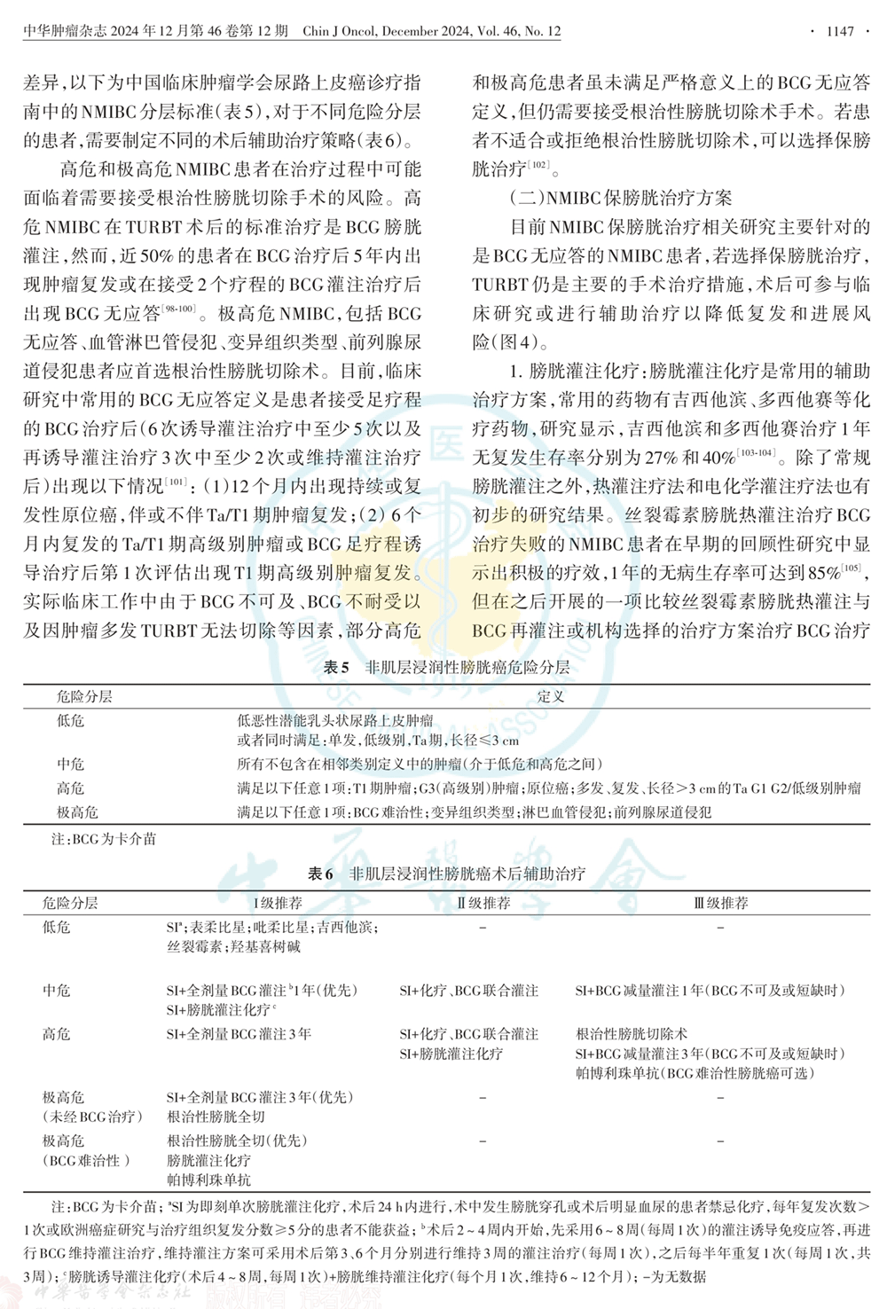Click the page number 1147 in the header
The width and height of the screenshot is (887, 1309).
click(839, 31)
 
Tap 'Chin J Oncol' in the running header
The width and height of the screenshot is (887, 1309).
click(341, 31)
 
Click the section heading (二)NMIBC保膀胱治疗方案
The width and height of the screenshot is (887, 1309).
click(621, 198)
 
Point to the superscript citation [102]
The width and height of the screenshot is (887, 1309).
click(538, 164)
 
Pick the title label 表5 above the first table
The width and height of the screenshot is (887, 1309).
click(336, 667)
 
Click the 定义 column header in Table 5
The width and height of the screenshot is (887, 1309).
click(550, 696)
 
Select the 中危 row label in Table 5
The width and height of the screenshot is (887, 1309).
click(71, 764)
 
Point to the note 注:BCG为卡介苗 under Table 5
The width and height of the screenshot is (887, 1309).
click(103, 838)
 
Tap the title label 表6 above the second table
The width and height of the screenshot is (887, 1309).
click(320, 874)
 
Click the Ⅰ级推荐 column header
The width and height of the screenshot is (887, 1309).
click(278, 903)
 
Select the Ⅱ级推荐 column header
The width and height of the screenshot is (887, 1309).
click(483, 903)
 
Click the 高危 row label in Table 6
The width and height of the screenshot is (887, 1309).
click(57, 1034)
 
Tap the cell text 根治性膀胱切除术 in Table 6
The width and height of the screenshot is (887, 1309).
click(632, 1034)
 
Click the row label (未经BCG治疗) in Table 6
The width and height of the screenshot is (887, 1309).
click(92, 1117)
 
